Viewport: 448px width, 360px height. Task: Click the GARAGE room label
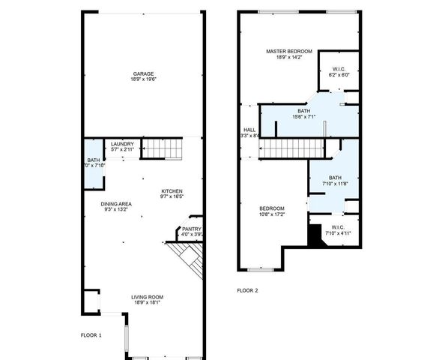pyautogui.click(x=143, y=73)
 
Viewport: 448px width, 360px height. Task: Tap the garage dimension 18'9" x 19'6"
pyautogui.click(x=143, y=80)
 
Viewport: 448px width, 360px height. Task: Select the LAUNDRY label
pyautogui.click(x=122, y=144)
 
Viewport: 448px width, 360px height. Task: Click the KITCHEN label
pyautogui.click(x=172, y=191)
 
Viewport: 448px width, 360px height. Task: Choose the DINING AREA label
pyautogui.click(x=117, y=203)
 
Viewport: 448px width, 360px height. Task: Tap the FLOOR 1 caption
pyautogui.click(x=91, y=334)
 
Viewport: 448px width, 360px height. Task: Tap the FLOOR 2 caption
pyautogui.click(x=247, y=289)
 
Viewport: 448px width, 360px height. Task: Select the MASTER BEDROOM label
pyautogui.click(x=288, y=51)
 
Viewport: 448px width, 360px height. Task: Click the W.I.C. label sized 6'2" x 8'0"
pyautogui.click(x=339, y=69)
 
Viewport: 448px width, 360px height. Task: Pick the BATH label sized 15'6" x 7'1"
pyautogui.click(x=303, y=110)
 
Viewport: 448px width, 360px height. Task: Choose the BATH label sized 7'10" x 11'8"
pyautogui.click(x=334, y=178)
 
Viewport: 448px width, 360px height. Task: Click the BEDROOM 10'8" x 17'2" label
pyautogui.click(x=272, y=208)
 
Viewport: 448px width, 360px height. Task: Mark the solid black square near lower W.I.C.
pyautogui.click(x=315, y=235)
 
